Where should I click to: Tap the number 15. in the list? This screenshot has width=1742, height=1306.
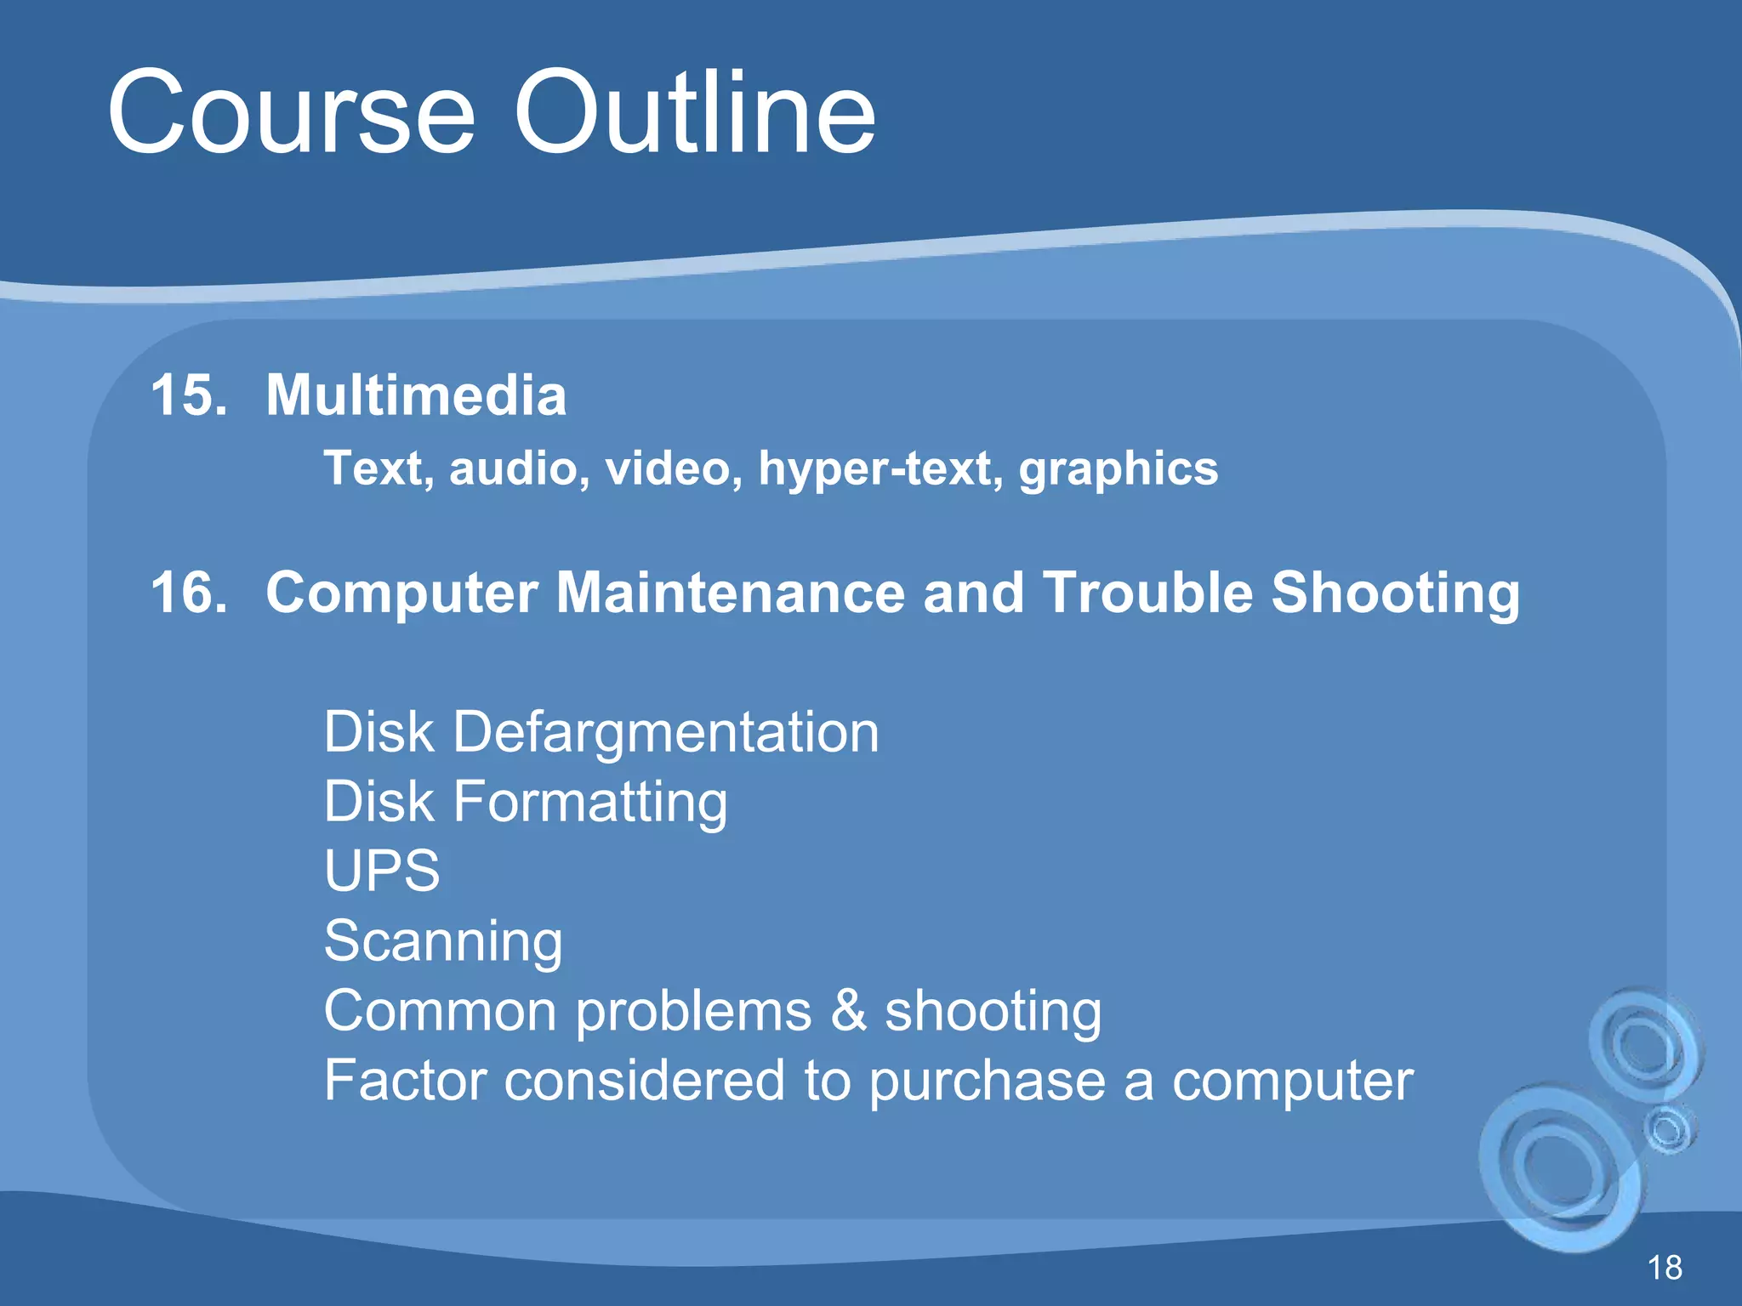pyautogui.click(x=189, y=395)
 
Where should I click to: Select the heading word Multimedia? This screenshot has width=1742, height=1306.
pyautogui.click(x=416, y=395)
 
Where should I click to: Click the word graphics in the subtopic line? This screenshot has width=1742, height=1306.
pyautogui.click(x=1119, y=469)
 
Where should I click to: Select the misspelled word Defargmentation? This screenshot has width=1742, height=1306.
pyautogui.click(x=665, y=732)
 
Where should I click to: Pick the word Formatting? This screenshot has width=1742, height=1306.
pyautogui.click(x=589, y=803)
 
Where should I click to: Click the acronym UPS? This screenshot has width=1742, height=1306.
pyautogui.click(x=382, y=871)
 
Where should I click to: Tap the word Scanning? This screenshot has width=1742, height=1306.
pyautogui.click(x=443, y=941)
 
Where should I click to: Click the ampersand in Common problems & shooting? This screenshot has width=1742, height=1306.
pyautogui.click(x=848, y=1011)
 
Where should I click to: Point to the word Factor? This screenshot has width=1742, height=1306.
pyautogui.click(x=404, y=1081)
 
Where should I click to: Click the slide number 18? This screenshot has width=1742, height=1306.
pyautogui.click(x=1665, y=1268)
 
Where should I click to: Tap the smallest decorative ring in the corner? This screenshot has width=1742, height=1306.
pyautogui.click(x=1669, y=1129)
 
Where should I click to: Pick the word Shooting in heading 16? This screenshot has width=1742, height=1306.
pyautogui.click(x=1395, y=593)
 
